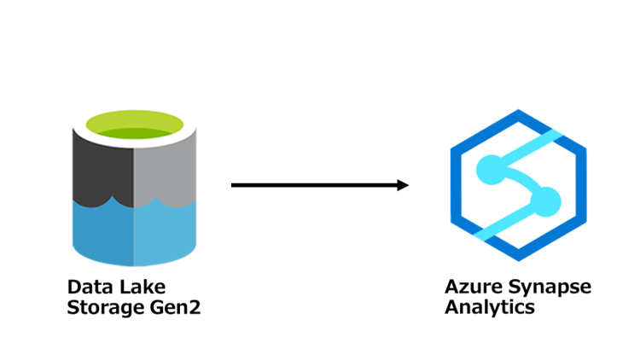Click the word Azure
[x=468, y=287]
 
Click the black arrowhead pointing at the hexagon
[x=402, y=185]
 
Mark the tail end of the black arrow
[x=234, y=185]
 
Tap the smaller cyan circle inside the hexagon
[x=547, y=202]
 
